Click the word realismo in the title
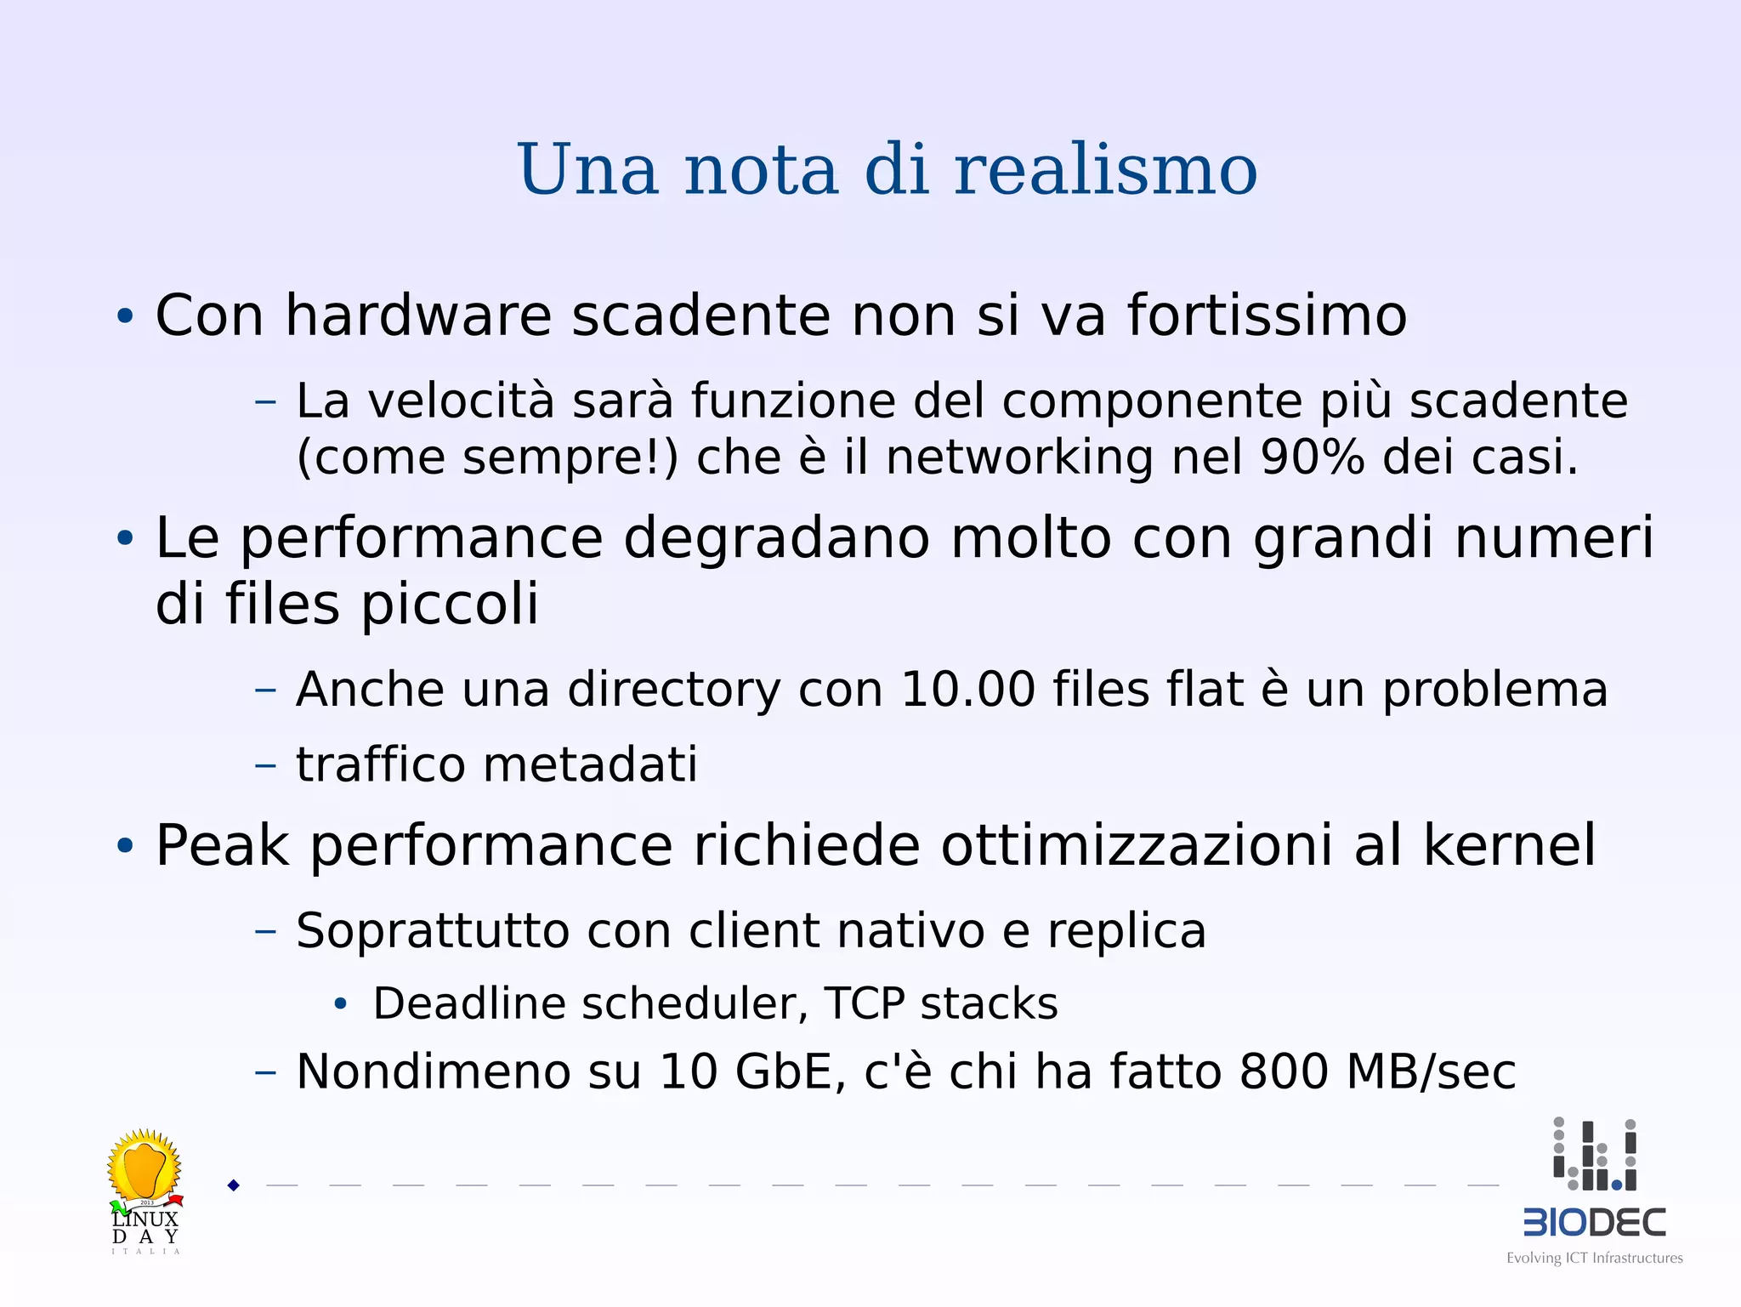click(1105, 169)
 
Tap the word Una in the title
click(587, 169)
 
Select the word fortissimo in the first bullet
click(1267, 315)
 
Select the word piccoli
click(450, 605)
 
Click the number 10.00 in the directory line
click(967, 689)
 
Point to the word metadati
click(590, 764)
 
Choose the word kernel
click(1509, 845)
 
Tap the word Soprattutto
click(433, 930)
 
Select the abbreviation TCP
click(864, 1003)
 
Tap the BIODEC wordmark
click(1595, 1223)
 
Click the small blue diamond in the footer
click(234, 1185)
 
